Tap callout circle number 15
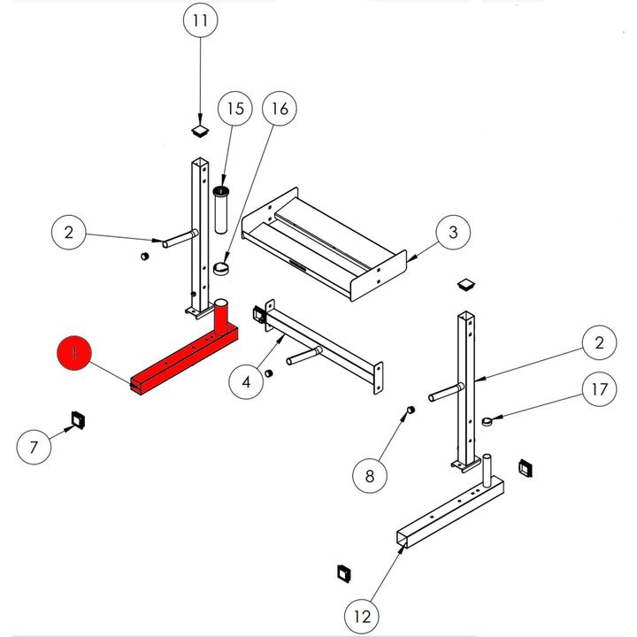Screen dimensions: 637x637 point(234,109)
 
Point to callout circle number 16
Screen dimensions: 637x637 point(280,109)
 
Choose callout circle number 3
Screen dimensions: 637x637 point(452,234)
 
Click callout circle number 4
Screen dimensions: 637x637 point(247,381)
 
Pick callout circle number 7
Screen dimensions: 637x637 point(34,447)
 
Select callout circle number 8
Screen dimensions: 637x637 point(370,476)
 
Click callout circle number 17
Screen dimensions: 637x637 point(601,388)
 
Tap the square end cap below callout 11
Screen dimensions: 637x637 point(201,131)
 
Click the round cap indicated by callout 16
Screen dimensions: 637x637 point(220,268)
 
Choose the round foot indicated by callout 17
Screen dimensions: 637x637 point(487,421)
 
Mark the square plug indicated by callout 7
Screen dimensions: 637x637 point(77,418)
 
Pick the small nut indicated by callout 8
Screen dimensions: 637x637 point(410,411)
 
